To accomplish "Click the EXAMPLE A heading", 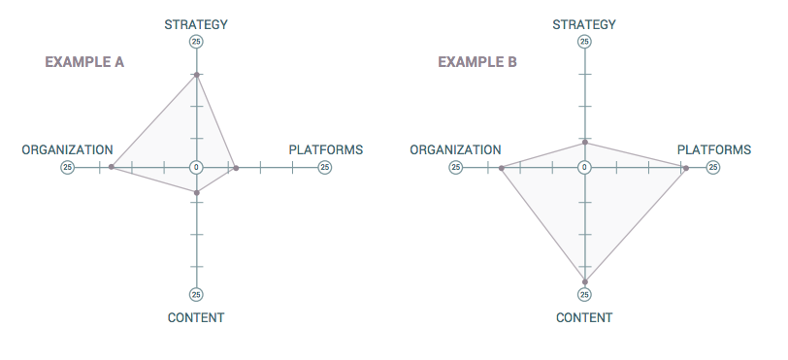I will tap(84, 62).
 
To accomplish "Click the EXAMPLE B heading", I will tap(476, 62).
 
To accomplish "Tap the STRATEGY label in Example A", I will tap(196, 24).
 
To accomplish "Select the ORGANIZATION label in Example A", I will tap(67, 150).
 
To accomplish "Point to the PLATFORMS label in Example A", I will tap(325, 150).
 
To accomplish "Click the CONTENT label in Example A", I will tap(196, 318).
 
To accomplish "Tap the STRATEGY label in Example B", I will tap(584, 24).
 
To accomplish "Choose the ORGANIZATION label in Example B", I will tap(455, 150).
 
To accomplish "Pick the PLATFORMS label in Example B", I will tap(713, 150).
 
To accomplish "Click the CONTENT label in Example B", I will tap(584, 318).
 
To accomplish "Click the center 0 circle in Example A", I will tap(196, 167).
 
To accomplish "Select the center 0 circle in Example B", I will tap(584, 167).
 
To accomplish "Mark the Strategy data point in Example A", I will tap(196, 75).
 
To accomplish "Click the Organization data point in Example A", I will tap(112, 167).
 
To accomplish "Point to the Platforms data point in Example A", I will tap(236, 168).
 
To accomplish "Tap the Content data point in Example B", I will tap(584, 281).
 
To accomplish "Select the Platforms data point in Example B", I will tap(685, 169).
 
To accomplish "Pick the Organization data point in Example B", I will tap(501, 169).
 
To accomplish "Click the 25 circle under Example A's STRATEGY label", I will tap(196, 42).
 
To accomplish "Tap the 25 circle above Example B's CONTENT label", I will tap(584, 295).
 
